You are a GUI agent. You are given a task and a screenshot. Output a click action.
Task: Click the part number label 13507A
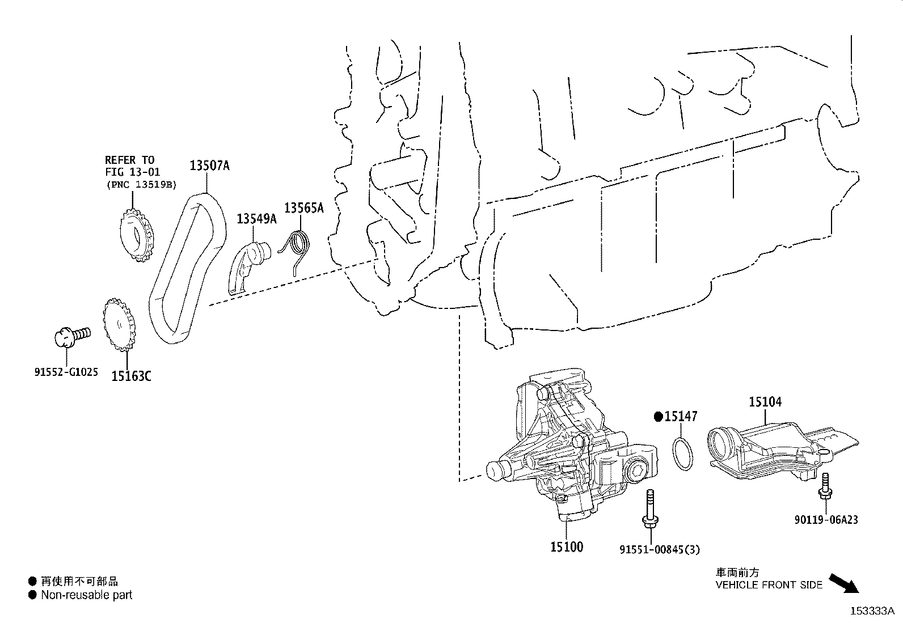coord(209,166)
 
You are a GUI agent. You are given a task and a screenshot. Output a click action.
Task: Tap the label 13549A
coord(256,219)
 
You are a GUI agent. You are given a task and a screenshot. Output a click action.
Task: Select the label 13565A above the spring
coord(303,208)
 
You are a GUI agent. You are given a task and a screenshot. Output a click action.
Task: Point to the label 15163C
coord(131,375)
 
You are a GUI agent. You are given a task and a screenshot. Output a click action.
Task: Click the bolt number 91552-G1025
coord(66,372)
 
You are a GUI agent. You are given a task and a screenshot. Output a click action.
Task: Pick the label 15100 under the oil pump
coord(566,547)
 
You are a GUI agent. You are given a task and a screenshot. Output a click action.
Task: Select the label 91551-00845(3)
coord(659,549)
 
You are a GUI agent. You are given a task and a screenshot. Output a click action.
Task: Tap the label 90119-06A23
coord(825,519)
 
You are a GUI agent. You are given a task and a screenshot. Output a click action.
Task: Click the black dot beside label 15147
coord(658,417)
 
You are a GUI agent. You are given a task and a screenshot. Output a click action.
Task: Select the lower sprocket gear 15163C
coord(120,327)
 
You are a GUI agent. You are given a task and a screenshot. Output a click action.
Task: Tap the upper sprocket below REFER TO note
coord(137,236)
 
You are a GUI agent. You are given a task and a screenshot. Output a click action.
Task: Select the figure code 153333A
coord(871,611)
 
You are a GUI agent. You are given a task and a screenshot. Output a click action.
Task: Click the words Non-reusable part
coord(86,595)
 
